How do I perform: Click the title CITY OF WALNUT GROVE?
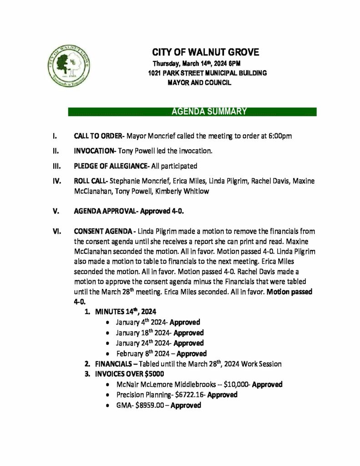coord(205,52)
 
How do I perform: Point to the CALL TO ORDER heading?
coord(98,136)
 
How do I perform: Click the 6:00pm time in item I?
coord(280,136)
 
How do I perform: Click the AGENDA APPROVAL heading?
coord(106,212)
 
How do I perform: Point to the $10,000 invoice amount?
coord(236,385)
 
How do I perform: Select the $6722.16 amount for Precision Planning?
coord(191,395)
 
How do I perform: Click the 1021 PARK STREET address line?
coord(207,73)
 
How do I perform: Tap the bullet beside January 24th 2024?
coord(106,344)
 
